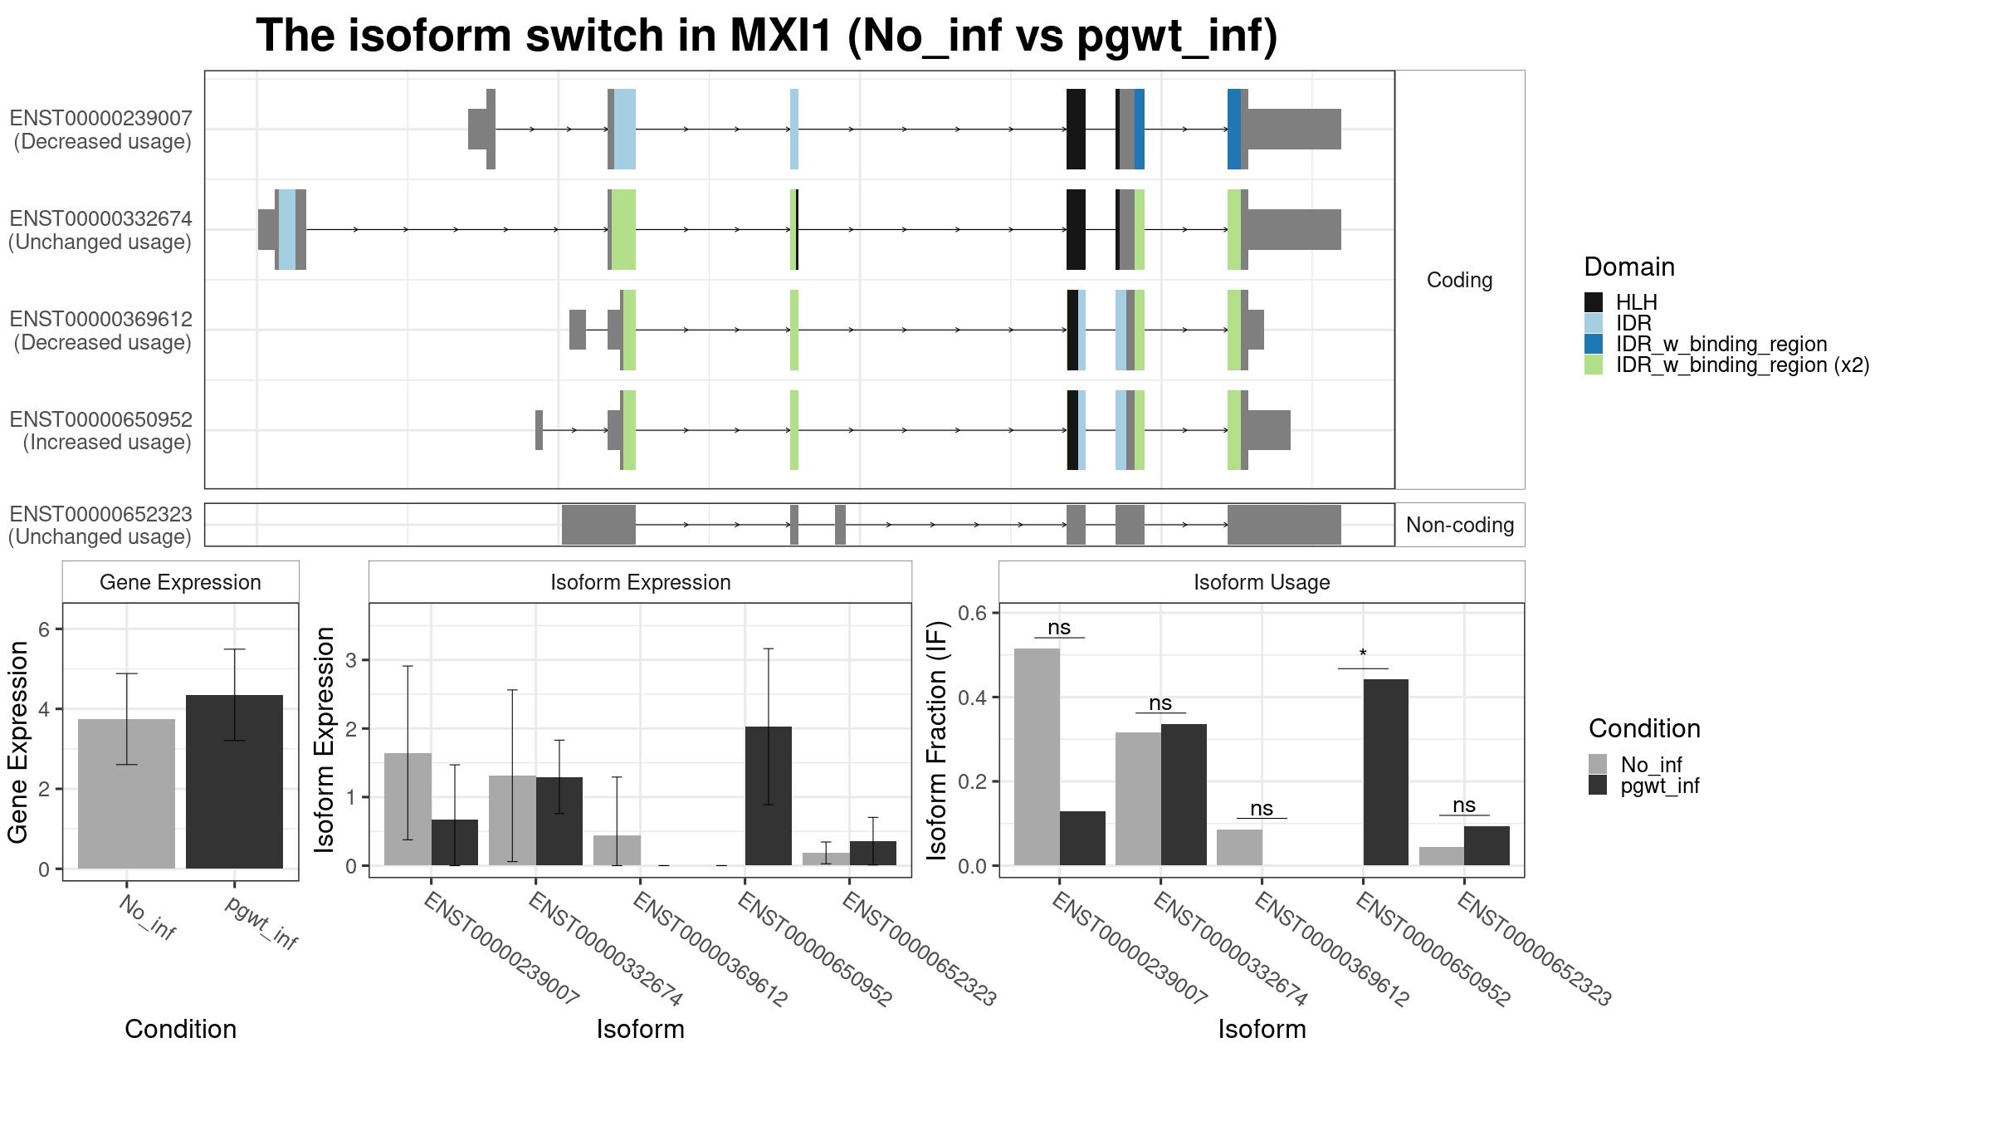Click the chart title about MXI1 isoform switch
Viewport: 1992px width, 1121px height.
[x=767, y=36]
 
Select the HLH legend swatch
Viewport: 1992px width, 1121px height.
[x=1594, y=302]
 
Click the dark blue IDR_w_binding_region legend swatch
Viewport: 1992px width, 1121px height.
[x=1594, y=344]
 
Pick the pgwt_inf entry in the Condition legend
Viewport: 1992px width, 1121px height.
[x=1659, y=786]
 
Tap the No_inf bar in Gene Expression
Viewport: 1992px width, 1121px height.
[x=126, y=794]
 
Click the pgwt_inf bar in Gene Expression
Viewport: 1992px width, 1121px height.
[x=234, y=781]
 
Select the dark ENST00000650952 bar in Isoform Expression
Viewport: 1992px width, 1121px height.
[x=769, y=795]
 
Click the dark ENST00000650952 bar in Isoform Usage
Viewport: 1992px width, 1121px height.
[x=1386, y=772]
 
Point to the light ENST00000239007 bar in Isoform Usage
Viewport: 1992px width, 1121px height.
[x=1037, y=756]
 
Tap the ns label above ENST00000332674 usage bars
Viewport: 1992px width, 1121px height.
[x=1160, y=703]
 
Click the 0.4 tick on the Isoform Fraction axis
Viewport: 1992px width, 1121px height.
[x=972, y=698]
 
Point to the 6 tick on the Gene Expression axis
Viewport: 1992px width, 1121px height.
[x=45, y=629]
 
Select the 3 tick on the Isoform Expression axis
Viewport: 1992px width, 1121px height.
[x=351, y=660]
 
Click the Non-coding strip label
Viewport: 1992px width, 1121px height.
[x=1460, y=525]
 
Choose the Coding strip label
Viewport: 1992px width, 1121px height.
[x=1459, y=280]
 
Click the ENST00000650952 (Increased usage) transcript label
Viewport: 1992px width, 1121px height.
[x=100, y=430]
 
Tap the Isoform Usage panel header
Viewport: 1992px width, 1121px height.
[x=1262, y=582]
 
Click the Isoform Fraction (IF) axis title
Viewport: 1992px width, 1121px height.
[x=937, y=741]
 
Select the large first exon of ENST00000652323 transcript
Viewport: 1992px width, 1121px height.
[x=598, y=525]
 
